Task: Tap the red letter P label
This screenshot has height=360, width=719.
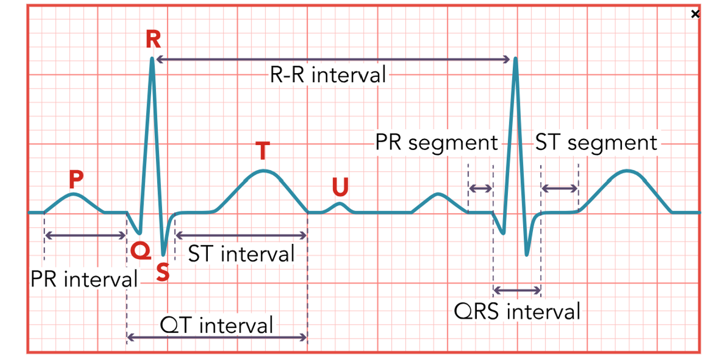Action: point(76,178)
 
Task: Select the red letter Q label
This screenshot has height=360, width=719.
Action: point(137,250)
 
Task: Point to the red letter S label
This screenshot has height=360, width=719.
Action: point(162,273)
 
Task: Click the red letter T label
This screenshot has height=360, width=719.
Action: point(263,151)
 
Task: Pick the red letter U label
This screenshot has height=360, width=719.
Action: point(340,187)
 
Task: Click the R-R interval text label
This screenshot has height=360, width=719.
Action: point(328,75)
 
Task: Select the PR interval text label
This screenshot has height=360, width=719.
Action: point(84,280)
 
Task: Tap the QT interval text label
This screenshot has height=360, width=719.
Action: point(217,326)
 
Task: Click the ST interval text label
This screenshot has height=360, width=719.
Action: point(241,254)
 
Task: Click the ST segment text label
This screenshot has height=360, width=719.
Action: point(596,143)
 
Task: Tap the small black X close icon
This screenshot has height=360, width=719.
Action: point(695,15)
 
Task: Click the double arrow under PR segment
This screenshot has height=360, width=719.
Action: point(481,189)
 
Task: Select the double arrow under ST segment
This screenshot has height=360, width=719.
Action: point(559,189)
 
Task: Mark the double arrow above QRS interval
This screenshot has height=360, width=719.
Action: point(517,289)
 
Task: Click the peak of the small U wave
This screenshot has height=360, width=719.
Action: point(340,204)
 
